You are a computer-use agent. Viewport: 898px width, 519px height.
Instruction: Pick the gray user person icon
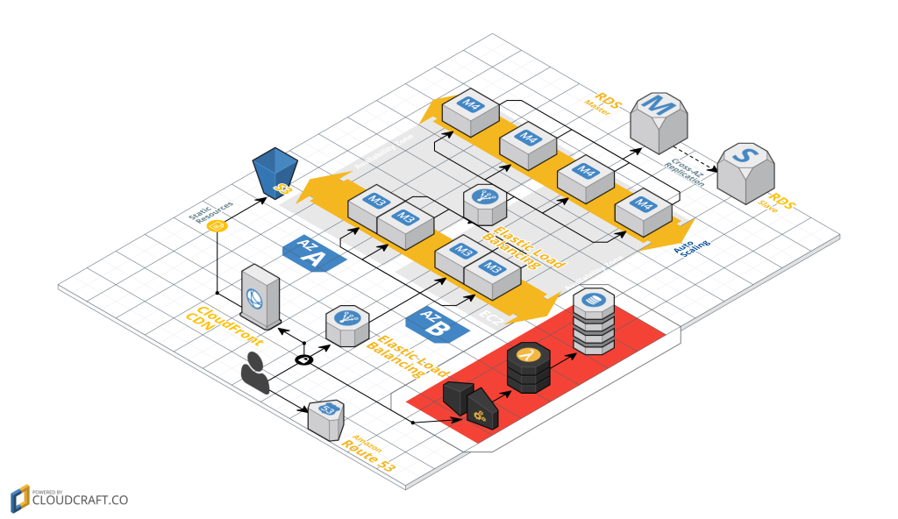pyautogui.click(x=255, y=373)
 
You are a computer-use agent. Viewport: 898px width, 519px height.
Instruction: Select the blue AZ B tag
pyautogui.click(x=434, y=323)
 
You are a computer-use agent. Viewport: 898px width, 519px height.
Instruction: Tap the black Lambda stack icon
pyautogui.click(x=527, y=367)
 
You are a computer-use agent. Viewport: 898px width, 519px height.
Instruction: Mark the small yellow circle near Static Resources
pyautogui.click(x=218, y=227)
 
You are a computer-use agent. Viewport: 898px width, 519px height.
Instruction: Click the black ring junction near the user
pyautogui.click(x=303, y=360)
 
